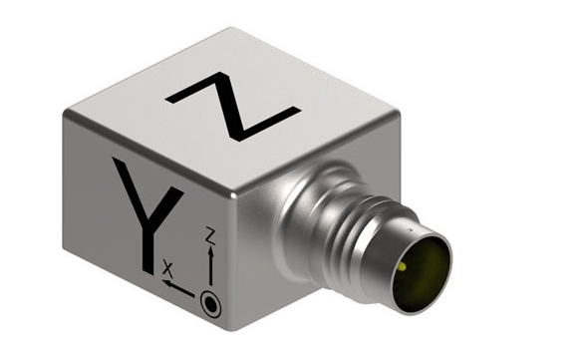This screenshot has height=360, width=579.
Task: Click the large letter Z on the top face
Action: [x=233, y=107]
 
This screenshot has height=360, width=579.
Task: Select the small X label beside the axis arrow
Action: [x=168, y=270]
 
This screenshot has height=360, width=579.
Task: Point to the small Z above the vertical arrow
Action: [x=210, y=236]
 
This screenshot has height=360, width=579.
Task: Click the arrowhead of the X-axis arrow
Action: [x=166, y=284]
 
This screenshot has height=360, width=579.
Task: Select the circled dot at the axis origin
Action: [x=210, y=304]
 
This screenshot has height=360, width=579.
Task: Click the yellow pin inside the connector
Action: [x=403, y=266]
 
